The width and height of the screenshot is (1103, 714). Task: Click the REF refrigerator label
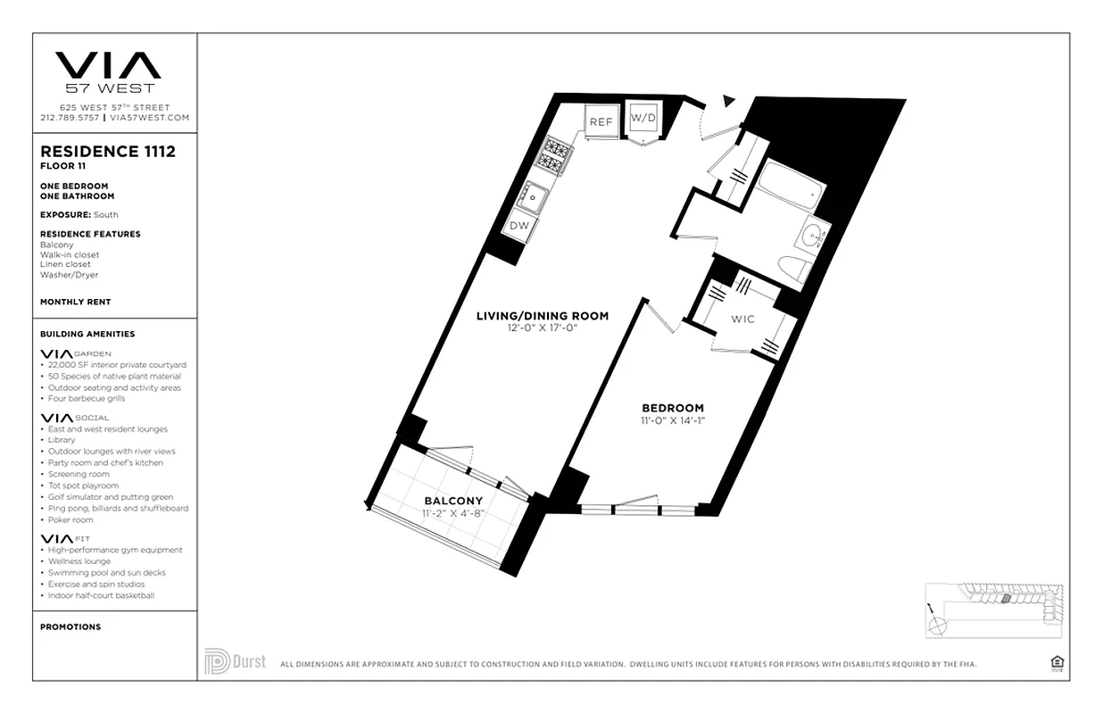[x=601, y=121]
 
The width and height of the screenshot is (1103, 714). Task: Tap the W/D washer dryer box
[x=643, y=119]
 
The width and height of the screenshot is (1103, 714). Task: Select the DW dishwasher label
[x=518, y=226]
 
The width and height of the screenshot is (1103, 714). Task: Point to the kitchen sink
[x=535, y=192]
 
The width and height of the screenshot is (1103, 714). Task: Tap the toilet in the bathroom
[x=792, y=269]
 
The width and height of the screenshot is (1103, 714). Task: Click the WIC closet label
[x=742, y=319]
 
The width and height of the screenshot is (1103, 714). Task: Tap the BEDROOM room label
[x=672, y=408]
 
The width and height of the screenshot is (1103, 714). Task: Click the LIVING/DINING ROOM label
[x=542, y=316]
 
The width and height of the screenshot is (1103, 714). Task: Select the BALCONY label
[x=452, y=501]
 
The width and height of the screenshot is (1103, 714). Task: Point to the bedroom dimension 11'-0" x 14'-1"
[x=672, y=420]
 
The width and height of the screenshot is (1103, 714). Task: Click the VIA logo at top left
[x=108, y=66]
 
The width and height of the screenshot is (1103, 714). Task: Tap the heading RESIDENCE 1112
[x=108, y=152]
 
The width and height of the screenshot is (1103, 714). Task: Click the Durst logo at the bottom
[x=236, y=661]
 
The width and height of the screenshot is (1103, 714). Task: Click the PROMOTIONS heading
[x=70, y=627]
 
